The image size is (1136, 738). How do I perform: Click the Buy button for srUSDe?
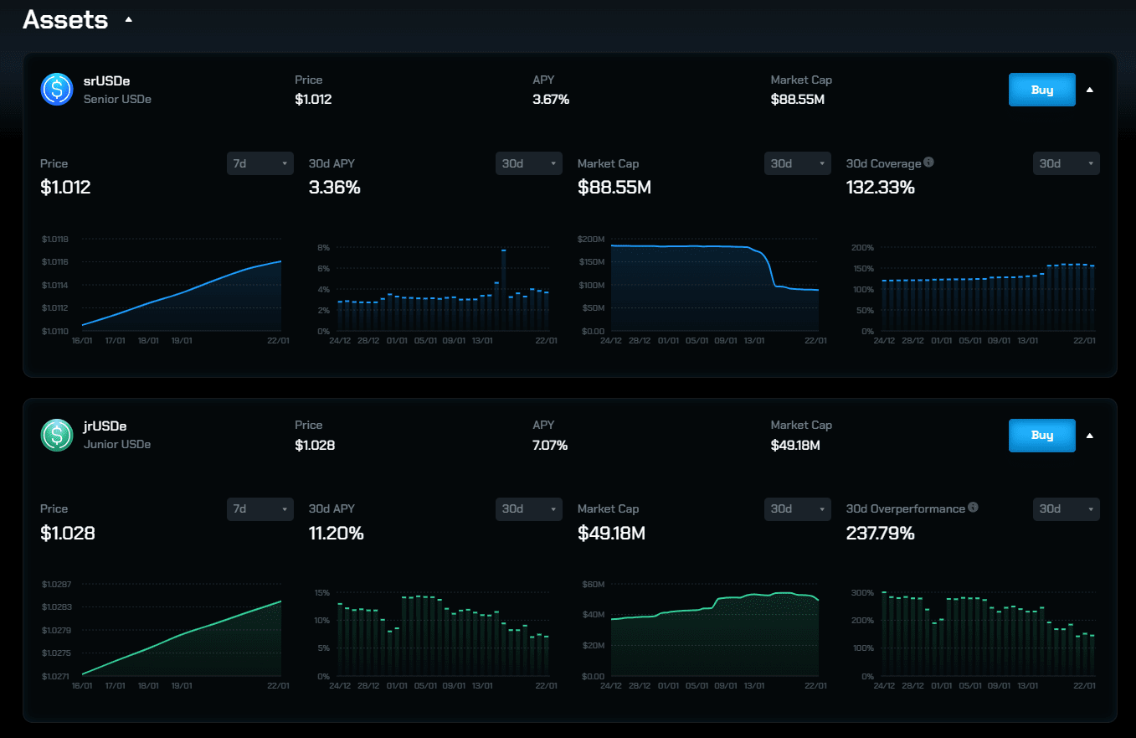tap(1041, 90)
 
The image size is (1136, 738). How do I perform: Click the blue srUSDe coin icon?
tap(57, 90)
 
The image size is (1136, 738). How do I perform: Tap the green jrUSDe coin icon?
tap(57, 435)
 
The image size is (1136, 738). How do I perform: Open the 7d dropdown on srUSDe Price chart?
tap(260, 163)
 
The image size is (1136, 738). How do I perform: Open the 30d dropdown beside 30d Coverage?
tap(1066, 163)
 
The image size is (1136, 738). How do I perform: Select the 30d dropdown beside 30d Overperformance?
tap(1066, 508)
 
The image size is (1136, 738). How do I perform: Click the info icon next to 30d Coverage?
tap(928, 163)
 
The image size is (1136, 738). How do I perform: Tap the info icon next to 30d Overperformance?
tap(973, 508)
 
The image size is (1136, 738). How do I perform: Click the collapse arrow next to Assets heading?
tap(128, 19)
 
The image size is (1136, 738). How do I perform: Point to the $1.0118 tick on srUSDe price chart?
tap(54, 240)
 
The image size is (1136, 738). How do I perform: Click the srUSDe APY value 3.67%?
tap(551, 100)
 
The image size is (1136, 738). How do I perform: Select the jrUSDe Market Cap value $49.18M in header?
tap(795, 445)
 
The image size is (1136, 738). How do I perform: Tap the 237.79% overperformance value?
tap(881, 533)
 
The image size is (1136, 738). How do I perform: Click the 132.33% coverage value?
tap(881, 188)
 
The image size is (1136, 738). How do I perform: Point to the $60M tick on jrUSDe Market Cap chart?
tap(593, 584)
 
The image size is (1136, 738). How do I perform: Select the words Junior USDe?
tap(117, 444)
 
